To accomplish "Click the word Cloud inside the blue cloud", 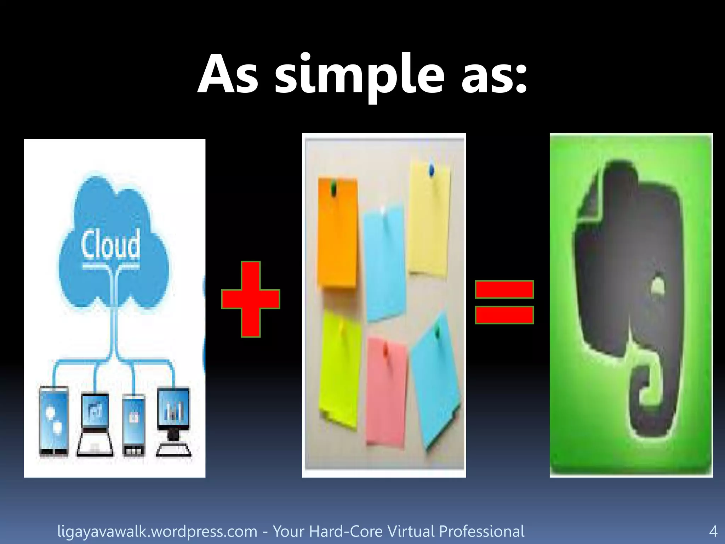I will point(110,244).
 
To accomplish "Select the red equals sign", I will point(504,302).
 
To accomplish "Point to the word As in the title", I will point(228,75).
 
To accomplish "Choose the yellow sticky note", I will point(429,220).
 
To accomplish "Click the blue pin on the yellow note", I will point(431,170).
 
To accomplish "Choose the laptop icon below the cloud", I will point(95,425).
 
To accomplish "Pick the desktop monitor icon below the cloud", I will point(173,421).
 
